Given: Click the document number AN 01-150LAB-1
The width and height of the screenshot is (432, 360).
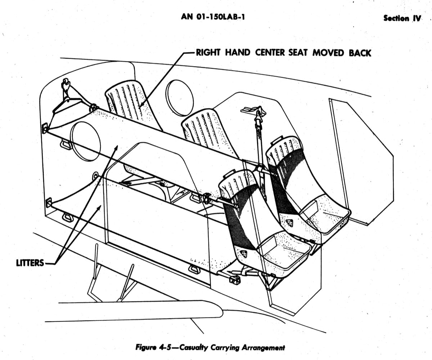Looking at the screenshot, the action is click(213, 17).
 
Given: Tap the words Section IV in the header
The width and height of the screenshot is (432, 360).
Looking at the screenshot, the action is click(402, 18).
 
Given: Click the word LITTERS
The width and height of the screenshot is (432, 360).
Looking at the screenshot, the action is click(30, 263).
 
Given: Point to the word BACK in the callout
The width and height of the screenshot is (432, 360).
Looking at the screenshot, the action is click(360, 53).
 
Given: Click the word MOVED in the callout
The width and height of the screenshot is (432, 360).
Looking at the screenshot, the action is click(328, 53).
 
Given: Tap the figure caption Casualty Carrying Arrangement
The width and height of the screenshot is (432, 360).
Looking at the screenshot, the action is click(232, 347).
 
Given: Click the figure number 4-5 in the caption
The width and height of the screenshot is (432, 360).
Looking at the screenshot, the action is click(165, 347).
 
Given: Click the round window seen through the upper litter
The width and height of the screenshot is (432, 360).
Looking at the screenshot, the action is click(85, 141).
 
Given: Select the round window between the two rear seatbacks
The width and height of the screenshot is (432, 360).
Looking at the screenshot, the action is click(179, 98).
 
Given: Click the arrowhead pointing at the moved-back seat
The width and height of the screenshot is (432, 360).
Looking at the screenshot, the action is click(141, 105).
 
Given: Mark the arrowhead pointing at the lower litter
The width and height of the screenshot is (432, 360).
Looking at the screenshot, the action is click(99, 207).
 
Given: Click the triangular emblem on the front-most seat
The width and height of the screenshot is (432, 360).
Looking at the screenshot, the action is click(243, 254).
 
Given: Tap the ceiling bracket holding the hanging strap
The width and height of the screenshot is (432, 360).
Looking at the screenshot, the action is click(253, 110).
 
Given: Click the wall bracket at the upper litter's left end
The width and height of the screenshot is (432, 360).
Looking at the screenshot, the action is click(45, 128).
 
